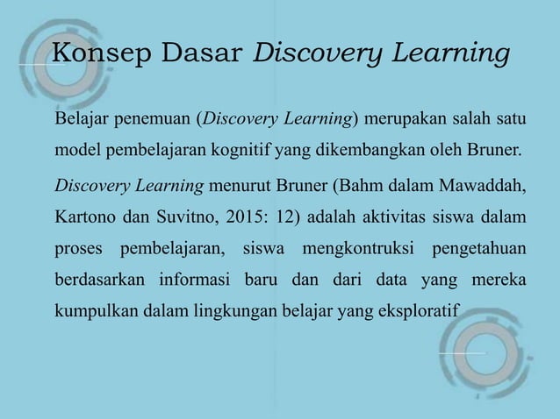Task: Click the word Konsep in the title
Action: tap(90, 54)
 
